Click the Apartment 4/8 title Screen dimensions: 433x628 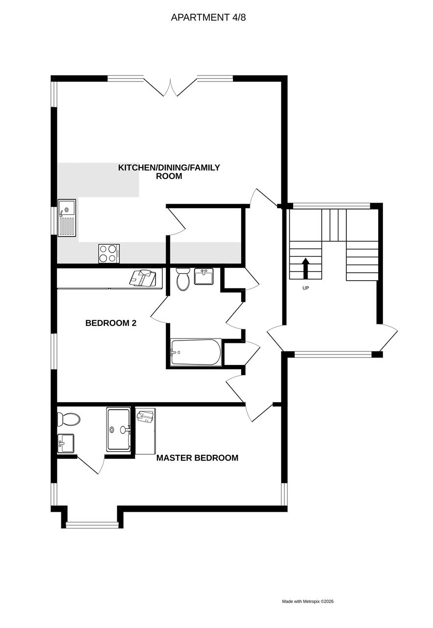point(208,17)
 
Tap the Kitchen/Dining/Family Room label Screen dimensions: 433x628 point(169,172)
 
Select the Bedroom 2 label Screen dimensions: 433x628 point(111,323)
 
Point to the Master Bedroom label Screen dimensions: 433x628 point(197,458)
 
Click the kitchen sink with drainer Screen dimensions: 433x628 point(67,218)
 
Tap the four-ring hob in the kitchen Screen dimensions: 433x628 point(109,254)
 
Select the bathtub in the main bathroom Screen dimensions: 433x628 point(196,352)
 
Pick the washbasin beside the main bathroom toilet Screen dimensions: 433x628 point(204,276)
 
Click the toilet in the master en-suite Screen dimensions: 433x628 point(68,419)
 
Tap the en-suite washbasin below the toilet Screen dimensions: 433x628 point(66,444)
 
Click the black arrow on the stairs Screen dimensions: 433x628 point(306,268)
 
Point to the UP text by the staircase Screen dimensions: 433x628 point(306,288)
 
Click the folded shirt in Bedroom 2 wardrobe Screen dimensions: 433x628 point(143,278)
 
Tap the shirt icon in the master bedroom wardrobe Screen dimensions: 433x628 point(146,416)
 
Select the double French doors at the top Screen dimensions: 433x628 point(170,86)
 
